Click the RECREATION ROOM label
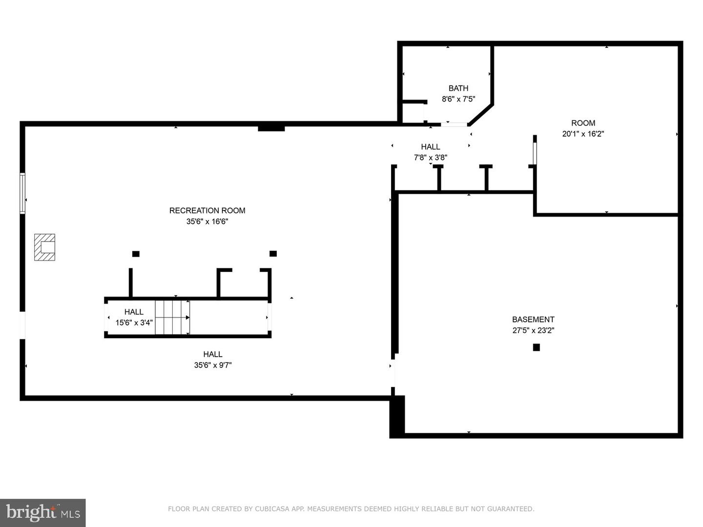click(x=207, y=210)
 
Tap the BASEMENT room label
click(x=533, y=319)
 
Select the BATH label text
click(x=458, y=88)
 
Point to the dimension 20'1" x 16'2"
click(x=583, y=134)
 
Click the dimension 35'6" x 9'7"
click(x=213, y=365)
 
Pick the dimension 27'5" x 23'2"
click(x=533, y=330)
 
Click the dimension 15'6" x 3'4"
click(x=134, y=323)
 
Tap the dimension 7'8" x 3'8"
click(x=431, y=158)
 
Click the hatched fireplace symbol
click(x=44, y=247)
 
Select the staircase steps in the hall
click(x=172, y=318)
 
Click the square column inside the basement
click(x=536, y=347)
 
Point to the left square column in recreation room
click(x=136, y=254)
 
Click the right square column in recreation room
click(x=273, y=254)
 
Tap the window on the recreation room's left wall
click(x=22, y=193)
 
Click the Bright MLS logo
click(x=43, y=512)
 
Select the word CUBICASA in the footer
click(x=271, y=509)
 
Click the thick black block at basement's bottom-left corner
click(x=397, y=416)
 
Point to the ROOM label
click(x=583, y=123)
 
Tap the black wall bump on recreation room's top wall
click(x=271, y=128)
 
